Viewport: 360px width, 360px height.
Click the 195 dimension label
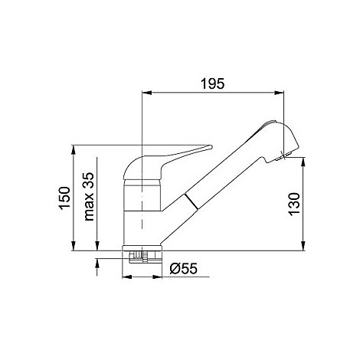point(212,83)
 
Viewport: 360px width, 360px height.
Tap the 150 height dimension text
point(65,198)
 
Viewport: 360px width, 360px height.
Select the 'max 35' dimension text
point(89,196)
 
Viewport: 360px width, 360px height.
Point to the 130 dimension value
point(294,205)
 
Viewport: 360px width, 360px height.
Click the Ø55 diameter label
point(184,268)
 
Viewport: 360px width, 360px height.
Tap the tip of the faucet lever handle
point(211,146)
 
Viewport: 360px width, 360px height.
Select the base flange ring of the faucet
point(142,248)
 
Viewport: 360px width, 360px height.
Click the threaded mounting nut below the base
point(142,257)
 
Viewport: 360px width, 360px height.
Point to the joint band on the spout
point(191,201)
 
